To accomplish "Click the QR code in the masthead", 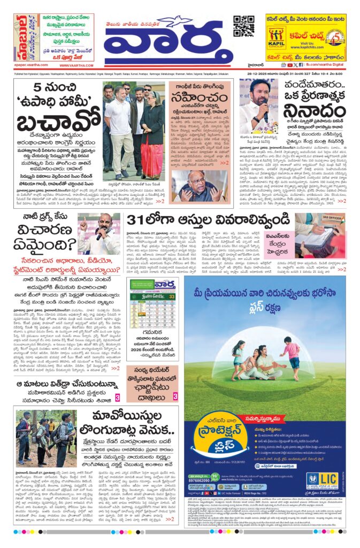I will click(x=243, y=26).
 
